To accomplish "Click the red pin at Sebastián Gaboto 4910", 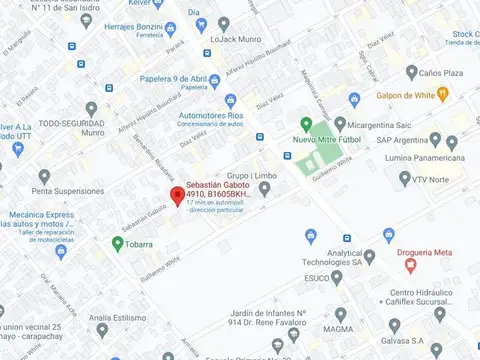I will point(177,195).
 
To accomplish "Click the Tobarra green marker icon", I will point(118,242).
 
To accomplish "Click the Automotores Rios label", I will point(209,116).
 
